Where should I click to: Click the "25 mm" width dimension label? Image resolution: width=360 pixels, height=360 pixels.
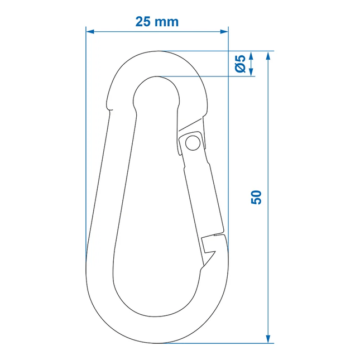pyautogui.click(x=157, y=22)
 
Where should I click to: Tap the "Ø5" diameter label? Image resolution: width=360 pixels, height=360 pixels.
pyautogui.click(x=240, y=64)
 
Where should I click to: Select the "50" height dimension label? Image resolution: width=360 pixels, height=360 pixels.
pyautogui.click(x=256, y=197)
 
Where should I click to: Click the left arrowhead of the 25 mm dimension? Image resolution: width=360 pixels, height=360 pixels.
pyautogui.click(x=90, y=31)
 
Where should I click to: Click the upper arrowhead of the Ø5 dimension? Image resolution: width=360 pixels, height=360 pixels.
pyautogui.click(x=251, y=56)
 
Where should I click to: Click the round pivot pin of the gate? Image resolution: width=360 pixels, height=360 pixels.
pyautogui.click(x=193, y=142)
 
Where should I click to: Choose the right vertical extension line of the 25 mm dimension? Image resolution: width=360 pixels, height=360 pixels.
pyautogui.click(x=229, y=140)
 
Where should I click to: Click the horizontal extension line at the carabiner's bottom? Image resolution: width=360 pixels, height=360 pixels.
pyautogui.click(x=223, y=343)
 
